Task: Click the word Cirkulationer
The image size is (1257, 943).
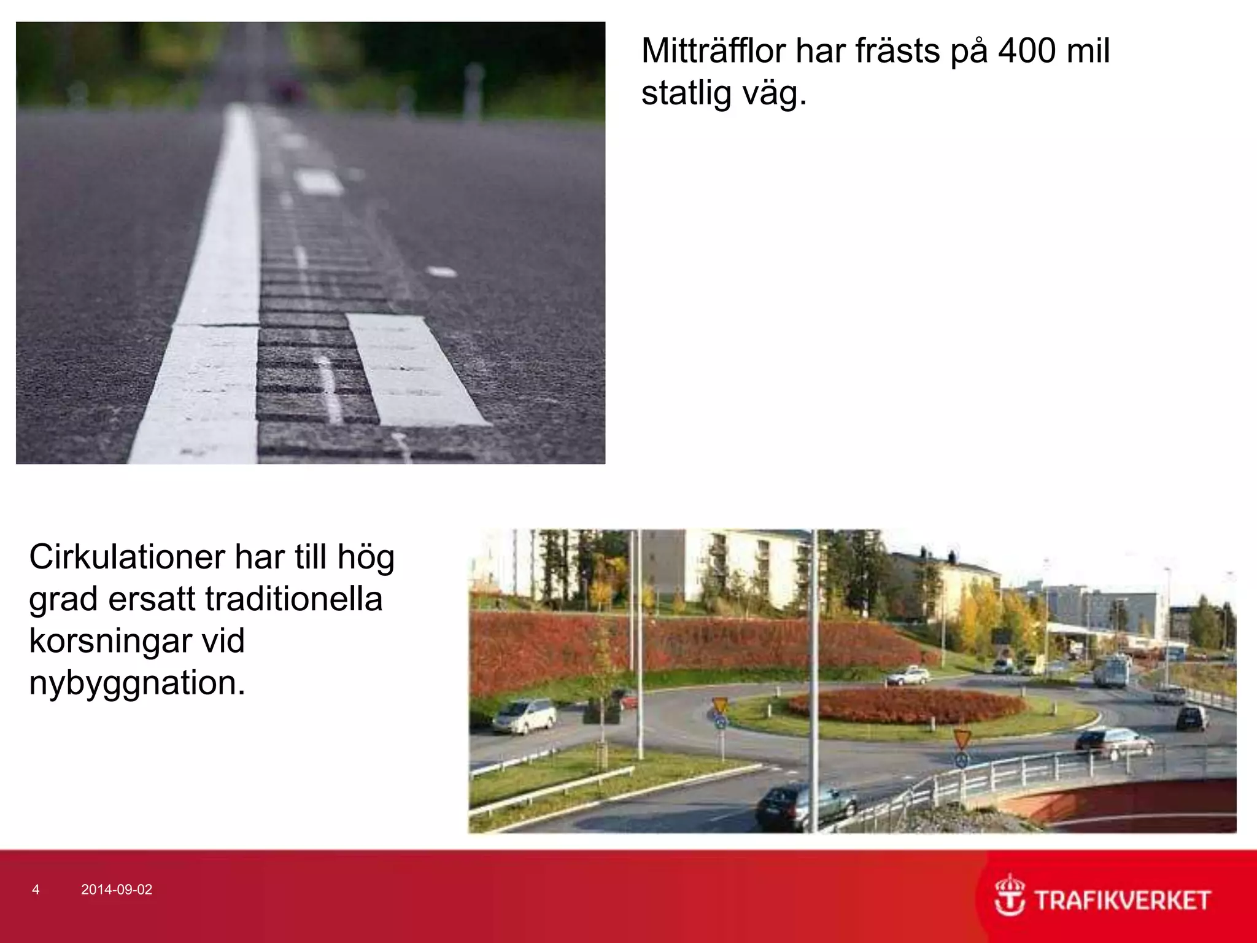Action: coord(127,557)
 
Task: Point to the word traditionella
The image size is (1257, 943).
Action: coord(293,599)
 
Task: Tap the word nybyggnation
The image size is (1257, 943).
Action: coord(137,683)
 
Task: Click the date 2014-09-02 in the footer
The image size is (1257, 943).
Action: coord(117,890)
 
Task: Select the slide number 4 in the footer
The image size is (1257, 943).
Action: coord(36,890)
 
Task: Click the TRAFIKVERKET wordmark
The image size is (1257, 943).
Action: coord(1123,901)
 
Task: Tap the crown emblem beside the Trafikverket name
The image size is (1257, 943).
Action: coord(1010,896)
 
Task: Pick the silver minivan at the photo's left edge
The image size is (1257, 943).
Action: coord(524,716)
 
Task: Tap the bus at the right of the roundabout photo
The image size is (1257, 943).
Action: coord(1112,670)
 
